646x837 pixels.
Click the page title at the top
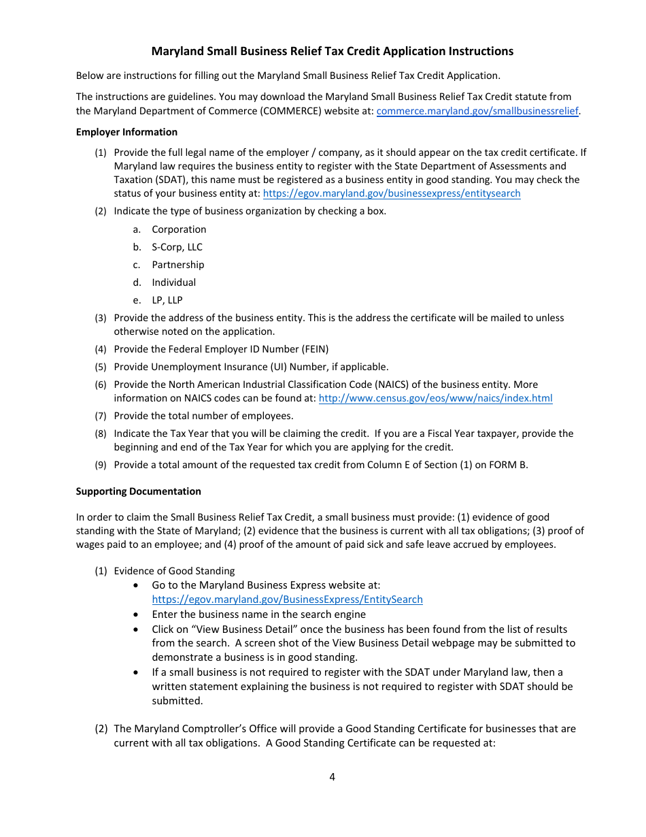332,51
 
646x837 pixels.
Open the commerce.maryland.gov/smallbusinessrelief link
477,111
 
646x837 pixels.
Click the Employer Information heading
126,132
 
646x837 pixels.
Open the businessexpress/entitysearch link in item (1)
391,193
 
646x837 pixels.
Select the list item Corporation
179,229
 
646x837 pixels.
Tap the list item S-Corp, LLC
177,247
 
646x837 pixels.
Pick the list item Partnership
177,265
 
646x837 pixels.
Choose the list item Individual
173,282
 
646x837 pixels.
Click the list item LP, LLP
167,300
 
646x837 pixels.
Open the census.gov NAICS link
435,398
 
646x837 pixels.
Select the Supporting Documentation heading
139,491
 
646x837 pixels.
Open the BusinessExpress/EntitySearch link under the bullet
287,600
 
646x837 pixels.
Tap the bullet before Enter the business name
138,614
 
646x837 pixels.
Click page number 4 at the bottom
332,777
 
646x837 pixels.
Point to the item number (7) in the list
101,416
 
